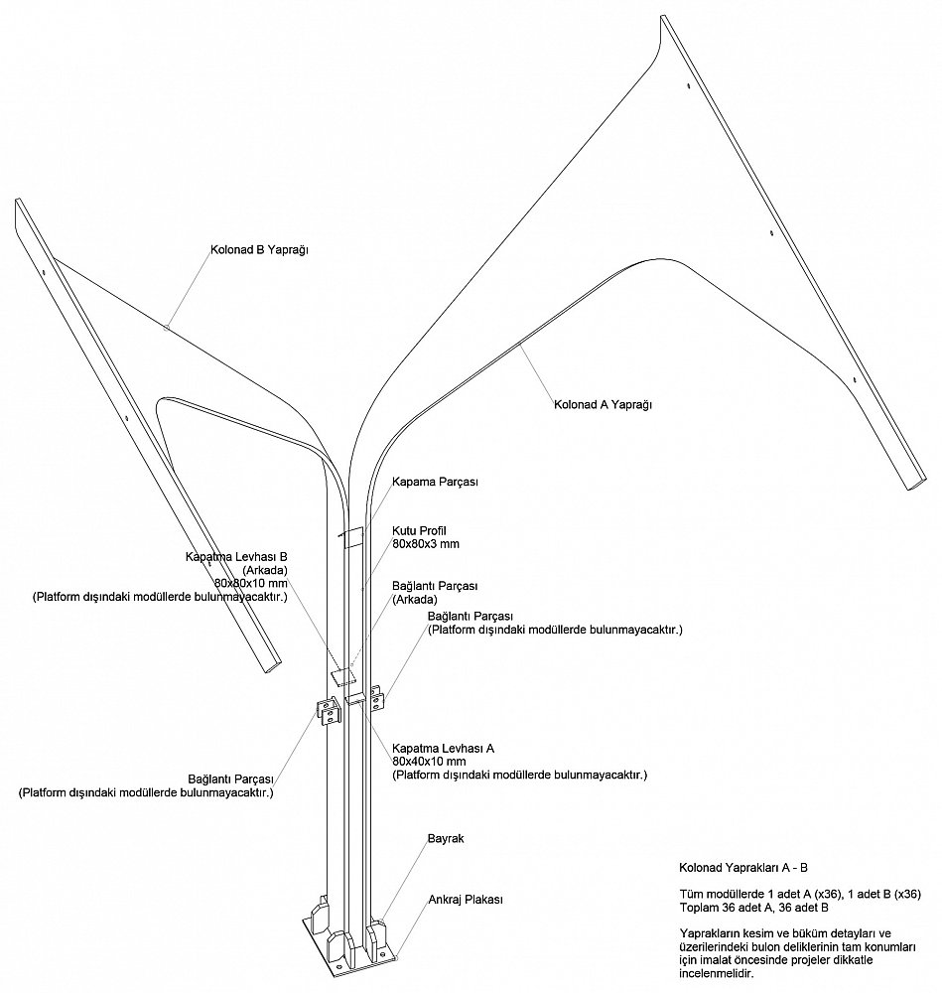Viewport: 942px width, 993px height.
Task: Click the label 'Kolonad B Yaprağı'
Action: [259, 250]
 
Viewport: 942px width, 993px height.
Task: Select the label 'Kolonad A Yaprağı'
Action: [603, 404]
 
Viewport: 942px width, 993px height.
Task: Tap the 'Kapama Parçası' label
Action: [435, 482]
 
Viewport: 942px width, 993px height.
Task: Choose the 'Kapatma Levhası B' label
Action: [236, 557]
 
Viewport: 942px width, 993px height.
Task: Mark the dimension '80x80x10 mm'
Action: [251, 583]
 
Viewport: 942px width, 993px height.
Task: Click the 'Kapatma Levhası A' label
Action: [443, 748]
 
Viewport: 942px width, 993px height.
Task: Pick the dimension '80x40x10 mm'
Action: [429, 762]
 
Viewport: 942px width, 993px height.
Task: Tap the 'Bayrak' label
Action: [446, 838]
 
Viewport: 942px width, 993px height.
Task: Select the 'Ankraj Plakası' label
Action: [466, 900]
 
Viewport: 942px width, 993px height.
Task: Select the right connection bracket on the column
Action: [376, 697]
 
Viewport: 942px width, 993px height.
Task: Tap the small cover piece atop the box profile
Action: [353, 537]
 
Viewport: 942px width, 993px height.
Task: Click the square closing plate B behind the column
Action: [343, 676]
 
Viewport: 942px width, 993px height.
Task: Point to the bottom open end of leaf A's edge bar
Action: [915, 481]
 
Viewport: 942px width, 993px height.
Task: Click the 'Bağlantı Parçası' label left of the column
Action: [230, 779]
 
